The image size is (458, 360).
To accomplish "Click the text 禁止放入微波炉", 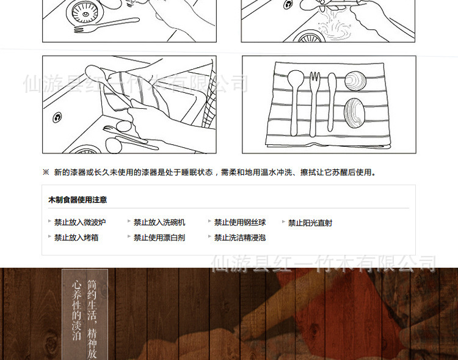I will [x=80, y=222].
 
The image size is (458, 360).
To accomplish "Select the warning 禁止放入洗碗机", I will [x=159, y=222].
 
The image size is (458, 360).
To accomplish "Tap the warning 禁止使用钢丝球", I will [x=240, y=222].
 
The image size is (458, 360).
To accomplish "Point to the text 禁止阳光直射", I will [x=310, y=223].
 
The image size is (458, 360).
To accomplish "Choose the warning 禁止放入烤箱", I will [x=76, y=238].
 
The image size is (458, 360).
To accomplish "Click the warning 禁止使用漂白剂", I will [x=159, y=238].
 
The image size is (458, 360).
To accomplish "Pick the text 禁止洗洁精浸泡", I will [x=240, y=238].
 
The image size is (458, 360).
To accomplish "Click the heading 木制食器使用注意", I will [x=78, y=200].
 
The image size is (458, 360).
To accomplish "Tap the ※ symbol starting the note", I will [x=46, y=172].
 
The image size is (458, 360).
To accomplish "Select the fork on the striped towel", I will [x=314, y=101].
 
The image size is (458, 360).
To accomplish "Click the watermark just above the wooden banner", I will [x=324, y=263].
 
